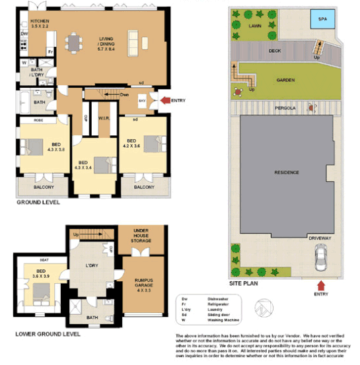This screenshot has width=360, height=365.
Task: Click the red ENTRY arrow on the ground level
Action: pyautogui.click(x=162, y=100)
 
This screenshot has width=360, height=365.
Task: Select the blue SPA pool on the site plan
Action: pyautogui.click(x=322, y=20)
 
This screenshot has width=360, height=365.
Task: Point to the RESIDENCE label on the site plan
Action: pyautogui.click(x=287, y=173)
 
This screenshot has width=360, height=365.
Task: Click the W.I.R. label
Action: pyautogui.click(x=104, y=119)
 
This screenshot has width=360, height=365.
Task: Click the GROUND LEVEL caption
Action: pyautogui.click(x=38, y=203)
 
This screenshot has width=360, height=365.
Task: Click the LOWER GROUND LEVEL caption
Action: pyautogui.click(x=48, y=334)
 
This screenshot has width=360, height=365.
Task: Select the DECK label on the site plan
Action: pyautogui.click(x=275, y=51)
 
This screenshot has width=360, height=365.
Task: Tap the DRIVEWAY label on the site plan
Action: pyautogui.click(x=320, y=237)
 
